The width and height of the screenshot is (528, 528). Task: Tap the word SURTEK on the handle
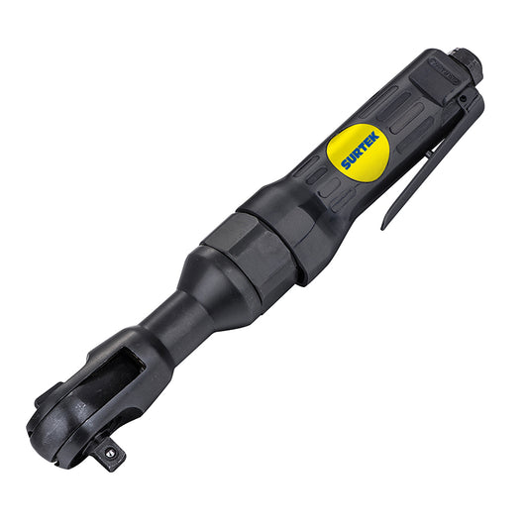click(x=356, y=150)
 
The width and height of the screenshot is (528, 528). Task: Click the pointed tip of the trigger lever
click(x=384, y=227)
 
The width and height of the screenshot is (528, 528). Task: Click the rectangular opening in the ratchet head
click(x=120, y=376)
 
